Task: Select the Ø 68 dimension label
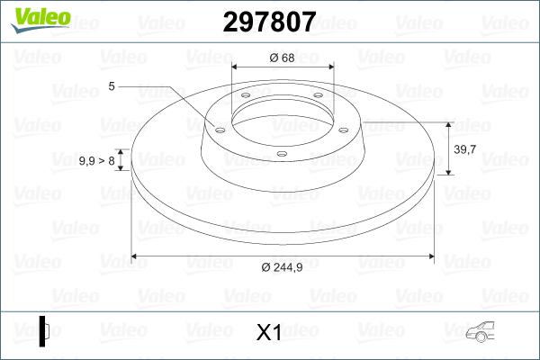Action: (282, 58)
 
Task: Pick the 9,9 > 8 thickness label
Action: (97, 160)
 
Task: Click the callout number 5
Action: (112, 86)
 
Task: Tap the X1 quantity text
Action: (269, 333)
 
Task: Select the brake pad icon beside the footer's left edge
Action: (44, 330)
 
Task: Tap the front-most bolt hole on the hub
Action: (281, 154)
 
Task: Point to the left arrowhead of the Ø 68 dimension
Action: (236, 67)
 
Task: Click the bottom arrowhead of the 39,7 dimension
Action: (448, 171)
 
